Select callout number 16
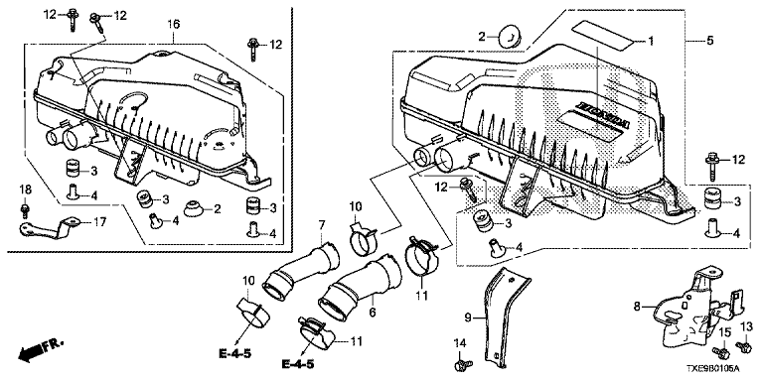[x=174, y=24]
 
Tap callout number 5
[x=710, y=41]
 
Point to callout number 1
[x=651, y=41]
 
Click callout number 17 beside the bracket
[x=99, y=223]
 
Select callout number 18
[x=25, y=190]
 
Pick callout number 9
[x=468, y=318]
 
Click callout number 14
[x=460, y=344]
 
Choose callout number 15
[x=725, y=333]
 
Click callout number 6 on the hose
[x=373, y=314]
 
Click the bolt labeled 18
[x=25, y=210]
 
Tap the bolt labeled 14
[x=459, y=364]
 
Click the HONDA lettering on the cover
[x=603, y=116]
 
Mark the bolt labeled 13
[x=743, y=346]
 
